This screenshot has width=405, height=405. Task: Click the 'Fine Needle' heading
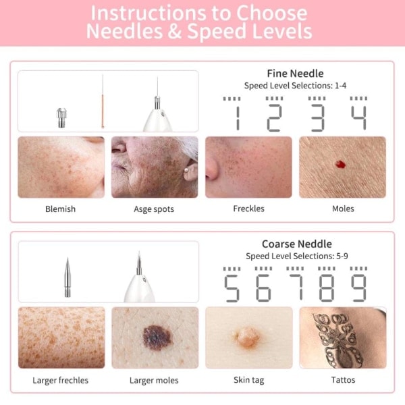[295, 74]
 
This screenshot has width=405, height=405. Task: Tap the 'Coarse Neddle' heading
[297, 244]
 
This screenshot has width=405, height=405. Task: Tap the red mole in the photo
[340, 164]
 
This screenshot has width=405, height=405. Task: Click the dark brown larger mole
[157, 337]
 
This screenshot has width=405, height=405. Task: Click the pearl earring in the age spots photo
[186, 170]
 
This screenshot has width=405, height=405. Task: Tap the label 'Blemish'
[61, 209]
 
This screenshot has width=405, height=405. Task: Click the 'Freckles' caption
[248, 209]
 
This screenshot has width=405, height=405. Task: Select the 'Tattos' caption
[343, 380]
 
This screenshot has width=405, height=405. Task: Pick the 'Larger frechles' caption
[61, 380]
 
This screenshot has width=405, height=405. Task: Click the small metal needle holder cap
[61, 117]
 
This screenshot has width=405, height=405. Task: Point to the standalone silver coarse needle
[67, 277]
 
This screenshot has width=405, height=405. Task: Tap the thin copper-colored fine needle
[103, 101]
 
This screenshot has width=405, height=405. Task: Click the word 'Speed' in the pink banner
[216, 31]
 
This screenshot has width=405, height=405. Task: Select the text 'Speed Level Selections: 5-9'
[297, 256]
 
